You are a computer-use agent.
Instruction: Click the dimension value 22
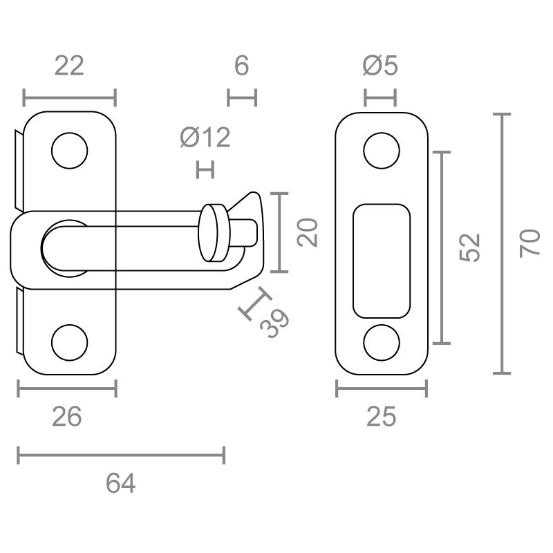click(x=69, y=66)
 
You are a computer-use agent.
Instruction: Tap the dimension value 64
click(x=120, y=483)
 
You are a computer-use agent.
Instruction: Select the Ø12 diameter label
click(x=205, y=137)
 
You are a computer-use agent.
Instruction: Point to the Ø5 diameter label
click(x=380, y=66)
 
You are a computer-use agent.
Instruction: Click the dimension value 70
click(x=529, y=243)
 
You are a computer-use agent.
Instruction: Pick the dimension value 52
click(x=470, y=247)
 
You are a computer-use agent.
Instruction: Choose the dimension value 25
click(x=382, y=417)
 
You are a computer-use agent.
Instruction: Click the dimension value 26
click(x=66, y=417)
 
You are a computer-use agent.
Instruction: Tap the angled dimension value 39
click(x=274, y=323)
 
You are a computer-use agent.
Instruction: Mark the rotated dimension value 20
click(x=307, y=232)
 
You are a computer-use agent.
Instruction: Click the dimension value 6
click(x=241, y=66)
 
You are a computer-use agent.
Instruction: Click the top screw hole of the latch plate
click(x=69, y=151)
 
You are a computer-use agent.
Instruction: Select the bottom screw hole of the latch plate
click(x=69, y=342)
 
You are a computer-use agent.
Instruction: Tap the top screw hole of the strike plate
click(x=382, y=151)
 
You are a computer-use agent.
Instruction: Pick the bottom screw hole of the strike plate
click(x=382, y=342)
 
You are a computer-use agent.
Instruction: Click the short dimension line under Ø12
click(x=205, y=169)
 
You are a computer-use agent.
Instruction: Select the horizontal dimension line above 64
click(x=121, y=456)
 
